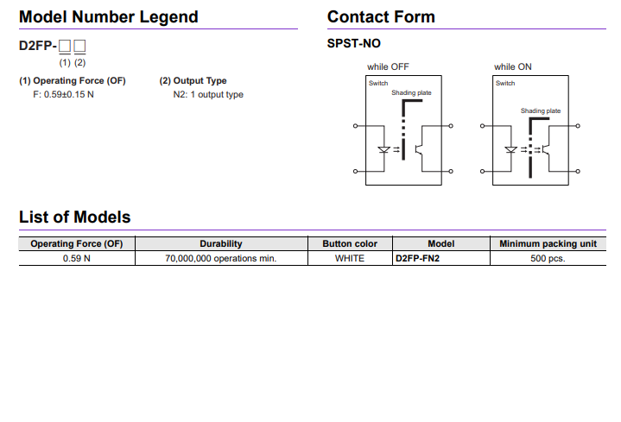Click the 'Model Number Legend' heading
click(108, 17)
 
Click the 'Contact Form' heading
click(381, 17)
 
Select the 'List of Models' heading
click(74, 217)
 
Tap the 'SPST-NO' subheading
click(353, 43)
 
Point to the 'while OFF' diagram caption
click(388, 66)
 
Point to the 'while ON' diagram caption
click(513, 66)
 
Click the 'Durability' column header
click(220, 244)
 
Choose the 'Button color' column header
click(350, 244)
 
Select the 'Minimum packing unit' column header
click(548, 244)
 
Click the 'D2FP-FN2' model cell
click(417, 258)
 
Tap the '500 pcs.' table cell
click(548, 258)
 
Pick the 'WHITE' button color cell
click(350, 258)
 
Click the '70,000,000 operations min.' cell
click(220, 258)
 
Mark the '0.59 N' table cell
click(76, 258)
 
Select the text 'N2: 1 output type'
click(208, 94)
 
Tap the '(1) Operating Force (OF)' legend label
click(73, 81)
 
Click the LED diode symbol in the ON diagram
click(510, 149)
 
